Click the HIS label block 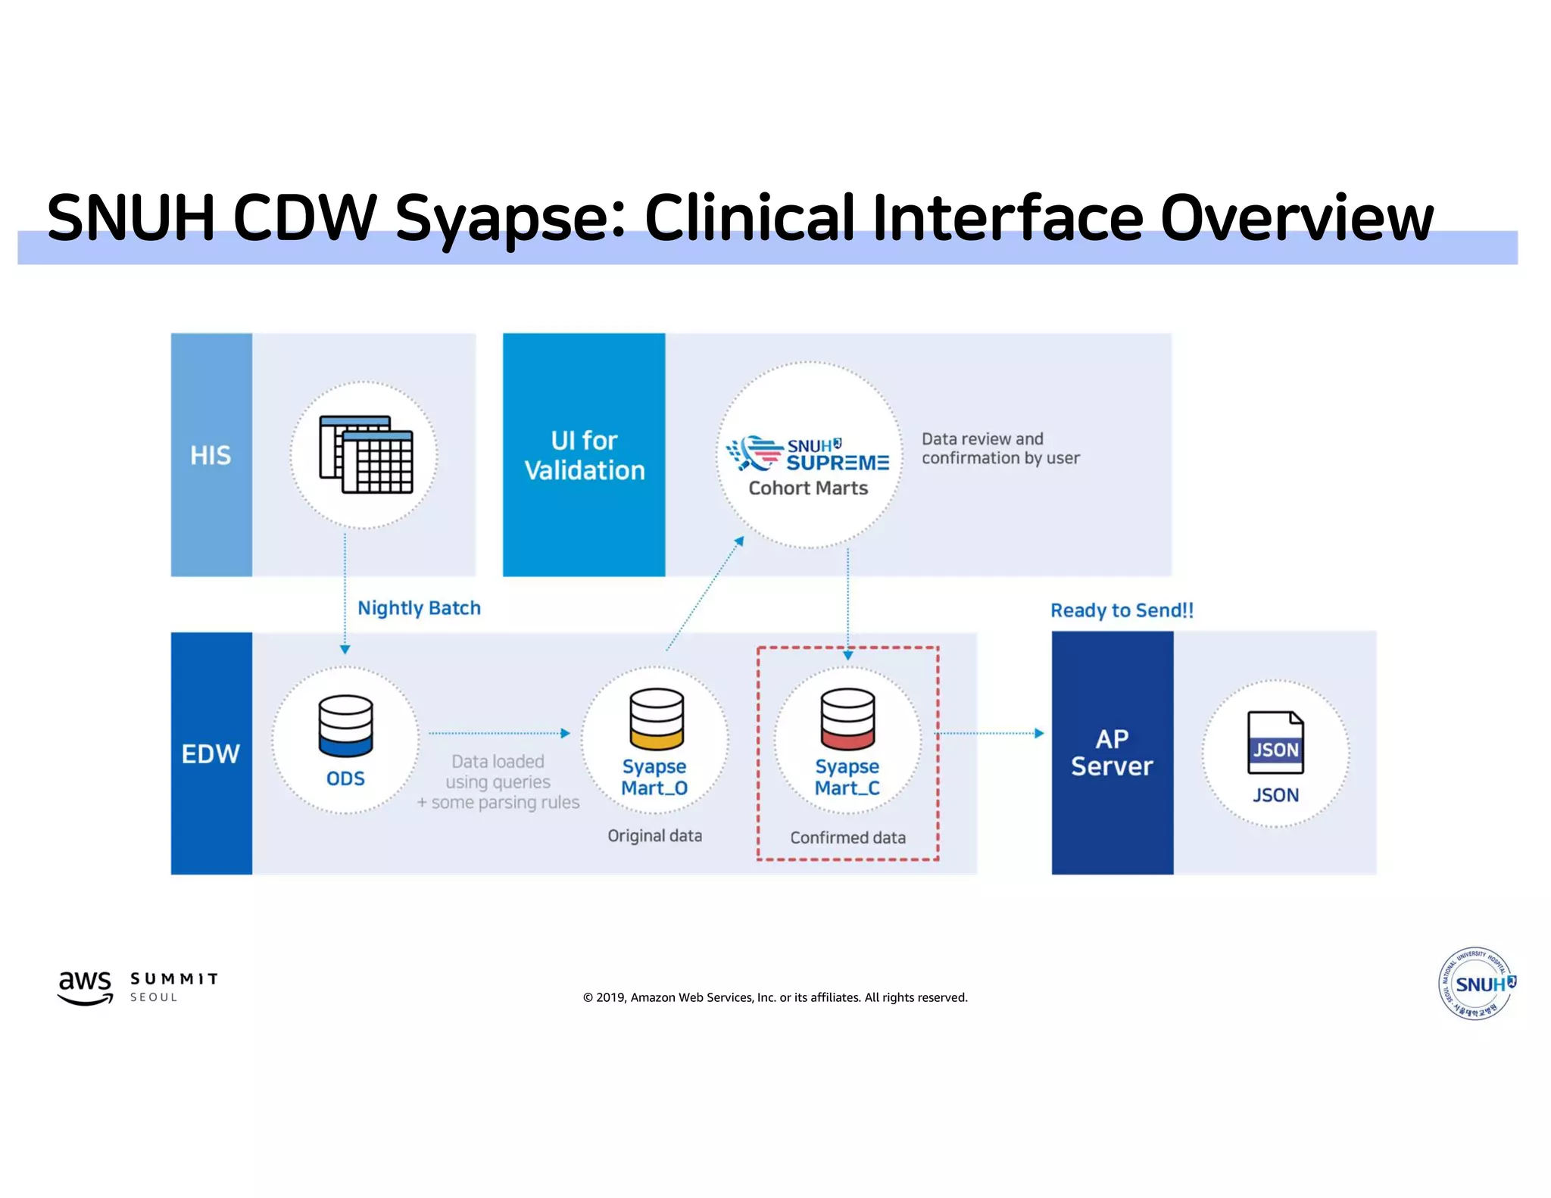(211, 455)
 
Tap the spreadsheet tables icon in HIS (367, 454)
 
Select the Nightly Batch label (419, 608)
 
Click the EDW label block (211, 753)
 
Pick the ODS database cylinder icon (345, 726)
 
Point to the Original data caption (655, 836)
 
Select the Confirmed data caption (847, 838)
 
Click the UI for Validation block (584, 455)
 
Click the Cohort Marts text (808, 488)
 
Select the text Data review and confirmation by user (1000, 448)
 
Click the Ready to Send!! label (1122, 610)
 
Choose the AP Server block (1112, 753)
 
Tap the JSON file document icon (1275, 743)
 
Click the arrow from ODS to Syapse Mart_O (498, 733)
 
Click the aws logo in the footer (86, 987)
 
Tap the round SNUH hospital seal (1476, 984)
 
